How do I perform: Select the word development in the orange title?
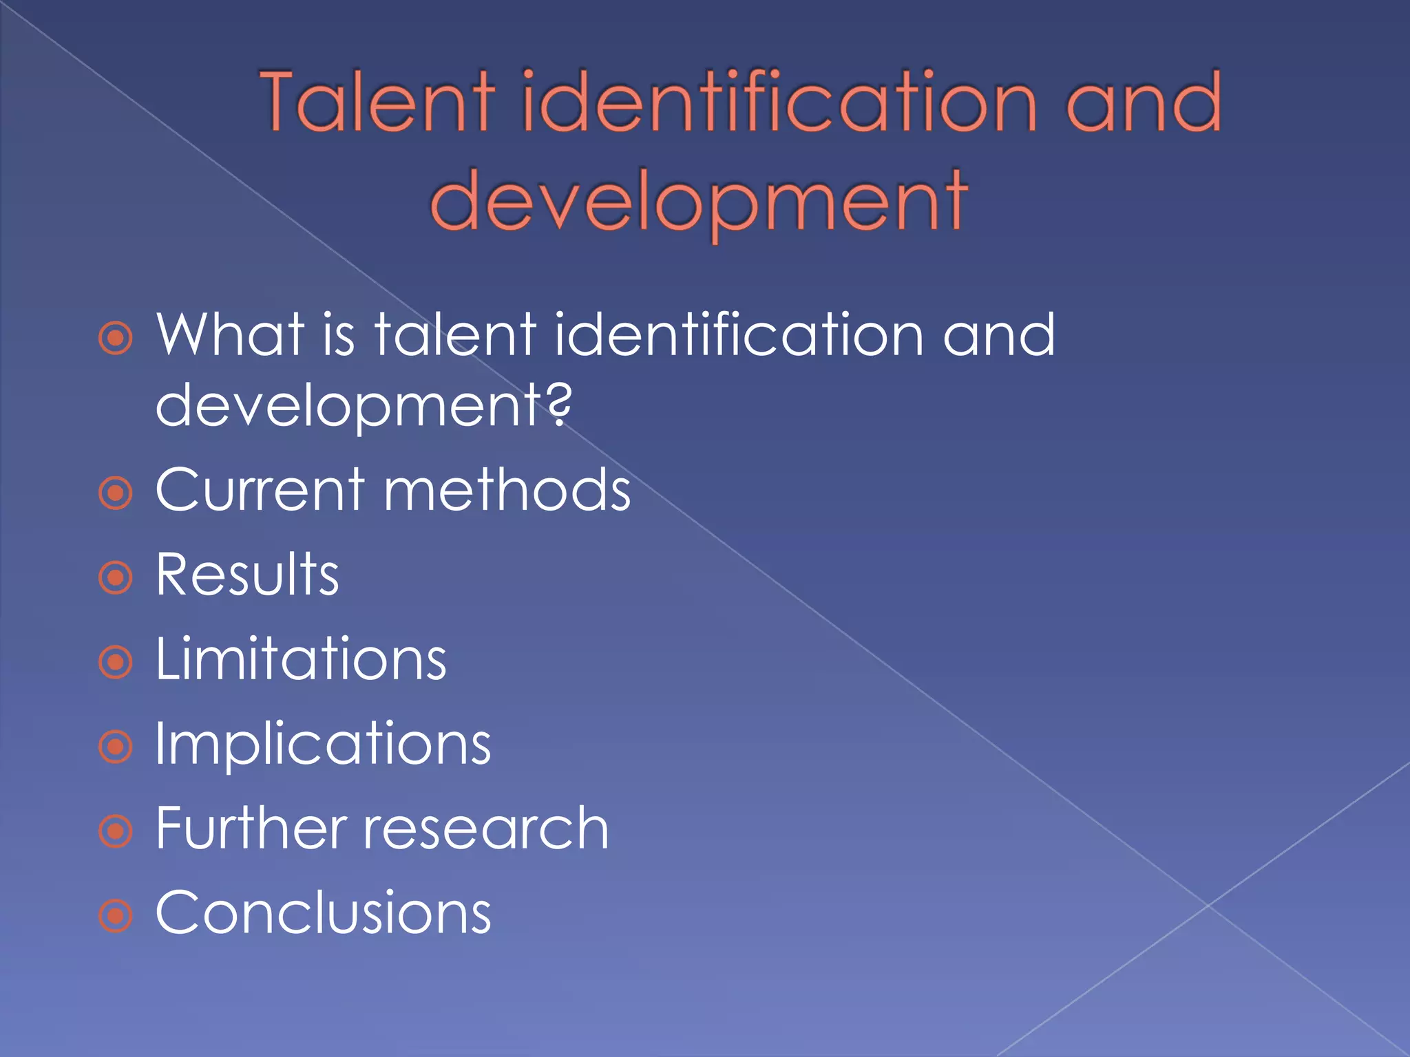[x=698, y=201]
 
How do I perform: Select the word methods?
[x=507, y=490]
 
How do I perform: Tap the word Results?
[x=247, y=575]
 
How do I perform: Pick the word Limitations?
[x=301, y=659]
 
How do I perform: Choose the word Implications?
[x=323, y=745]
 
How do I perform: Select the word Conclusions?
[x=323, y=913]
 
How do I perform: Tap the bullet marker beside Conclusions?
[x=115, y=916]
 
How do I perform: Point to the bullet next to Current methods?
[x=115, y=493]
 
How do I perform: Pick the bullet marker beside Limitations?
[x=115, y=663]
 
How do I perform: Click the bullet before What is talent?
[x=115, y=339]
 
